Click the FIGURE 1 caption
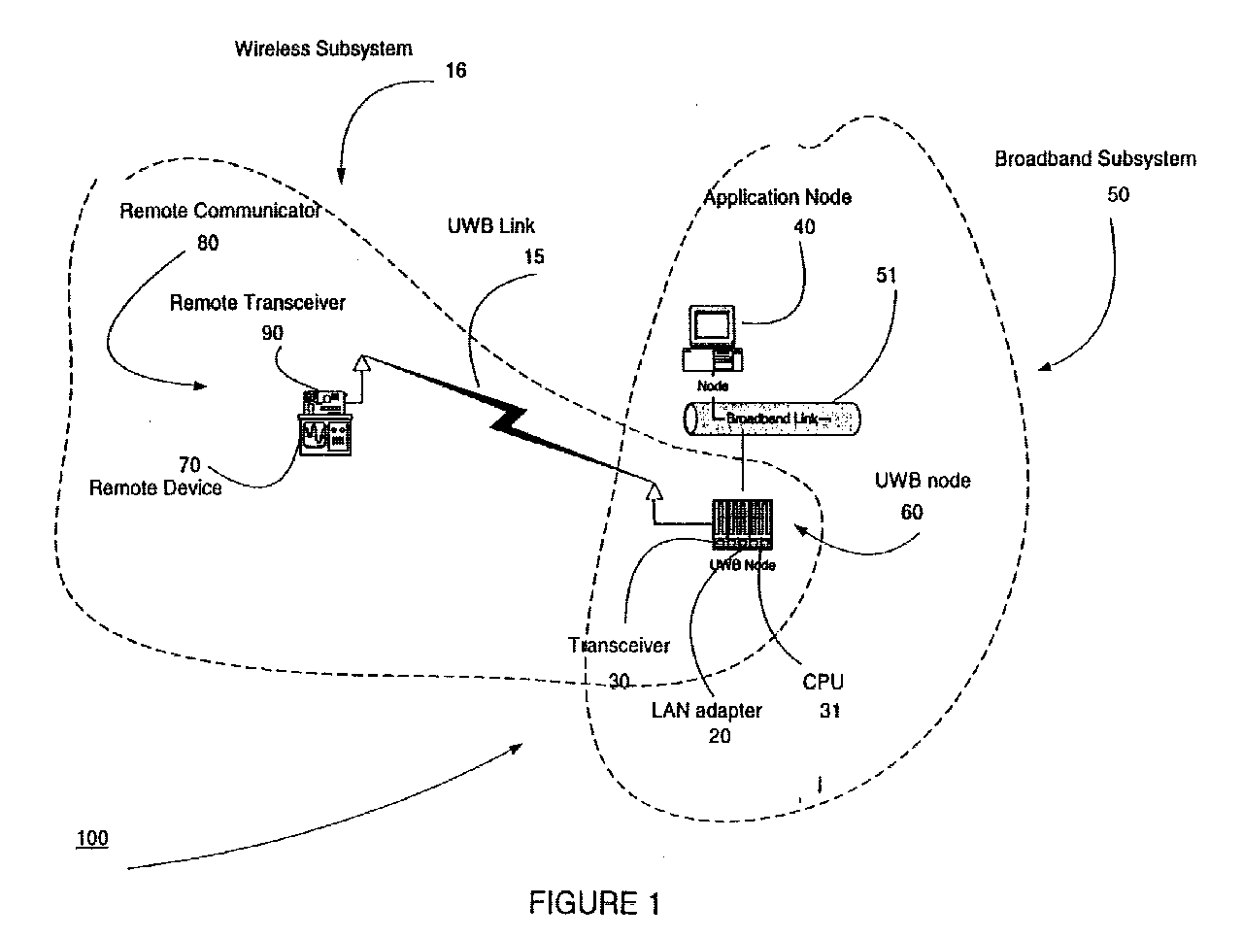[x=594, y=904]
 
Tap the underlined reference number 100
[x=92, y=838]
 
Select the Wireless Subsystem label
[x=323, y=48]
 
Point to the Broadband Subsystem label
[x=1094, y=159]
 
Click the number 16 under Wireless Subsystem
[x=454, y=71]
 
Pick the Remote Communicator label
[x=219, y=211]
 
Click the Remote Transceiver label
[x=257, y=303]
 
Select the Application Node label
[x=777, y=197]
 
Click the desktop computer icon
[x=713, y=340]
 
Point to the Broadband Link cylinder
[x=772, y=419]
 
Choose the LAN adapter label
[x=706, y=711]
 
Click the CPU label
[x=822, y=682]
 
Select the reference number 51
[x=885, y=276]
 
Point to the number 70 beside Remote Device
[x=190, y=464]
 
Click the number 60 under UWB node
[x=911, y=512]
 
